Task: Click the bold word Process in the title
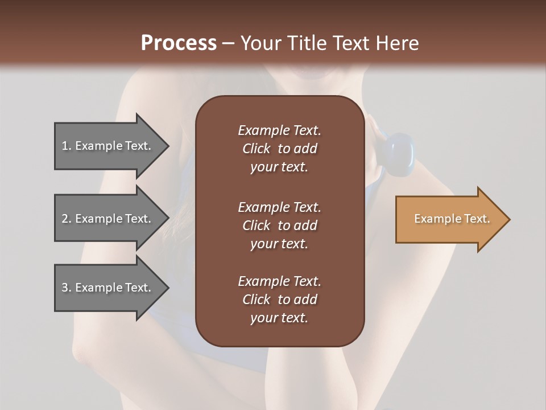coord(179,43)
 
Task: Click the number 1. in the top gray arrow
coord(67,146)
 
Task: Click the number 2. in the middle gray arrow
coord(67,219)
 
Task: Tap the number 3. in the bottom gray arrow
coord(67,288)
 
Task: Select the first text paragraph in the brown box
coord(279,149)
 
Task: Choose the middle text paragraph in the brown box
coord(279,225)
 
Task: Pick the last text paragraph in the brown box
coord(279,300)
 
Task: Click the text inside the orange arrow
coord(452,219)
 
